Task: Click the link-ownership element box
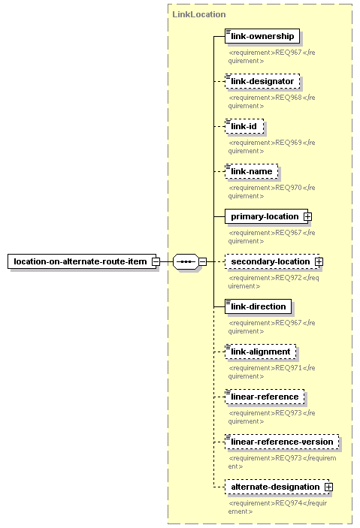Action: tap(262, 36)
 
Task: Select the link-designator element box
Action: tap(262, 81)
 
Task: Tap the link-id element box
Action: tap(244, 126)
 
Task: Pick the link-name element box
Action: tap(252, 171)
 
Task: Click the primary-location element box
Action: tap(266, 216)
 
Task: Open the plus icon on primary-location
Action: tap(307, 216)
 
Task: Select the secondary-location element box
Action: tap(272, 261)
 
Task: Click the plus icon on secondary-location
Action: tap(319, 261)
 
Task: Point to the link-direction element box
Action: tap(258, 306)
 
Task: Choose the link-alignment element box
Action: tap(260, 352)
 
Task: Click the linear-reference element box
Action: tap(265, 397)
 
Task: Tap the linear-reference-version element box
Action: tap(282, 442)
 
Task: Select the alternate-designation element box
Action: tap(277, 487)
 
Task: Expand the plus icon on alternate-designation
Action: tap(328, 487)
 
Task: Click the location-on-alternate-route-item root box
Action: tap(82, 261)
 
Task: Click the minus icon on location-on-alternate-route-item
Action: tap(156, 261)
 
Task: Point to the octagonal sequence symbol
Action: tap(186, 261)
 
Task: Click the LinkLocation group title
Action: tap(199, 14)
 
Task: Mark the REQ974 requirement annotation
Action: tap(277, 507)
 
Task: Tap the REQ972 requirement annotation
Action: tap(274, 282)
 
